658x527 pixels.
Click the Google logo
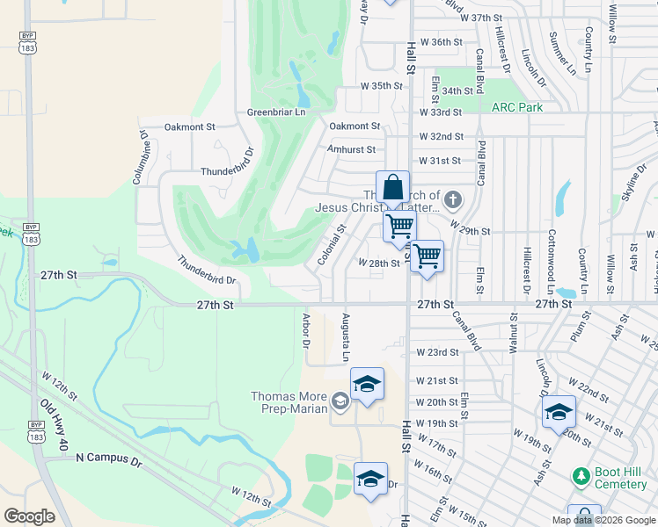click(29, 516)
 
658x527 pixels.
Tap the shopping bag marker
click(392, 188)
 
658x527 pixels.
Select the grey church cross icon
click(453, 199)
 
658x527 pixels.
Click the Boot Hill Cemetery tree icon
click(580, 476)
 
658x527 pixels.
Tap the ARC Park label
click(516, 107)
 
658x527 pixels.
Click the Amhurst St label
click(351, 150)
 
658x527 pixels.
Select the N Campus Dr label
click(109, 458)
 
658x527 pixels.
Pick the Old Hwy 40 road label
click(55, 426)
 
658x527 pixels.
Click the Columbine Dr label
click(140, 157)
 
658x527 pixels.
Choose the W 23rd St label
click(438, 352)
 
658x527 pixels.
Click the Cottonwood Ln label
click(552, 262)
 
